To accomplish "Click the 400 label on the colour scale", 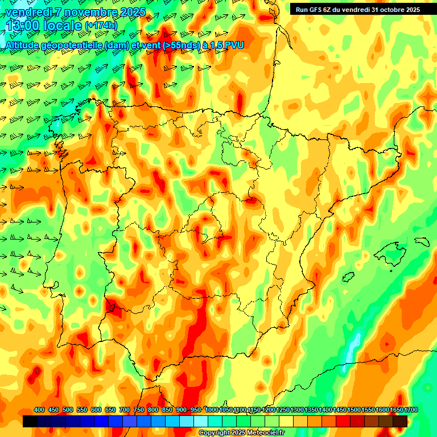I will point(39,410).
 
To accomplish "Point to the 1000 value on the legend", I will point(212,410).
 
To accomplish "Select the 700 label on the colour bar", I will point(125,410).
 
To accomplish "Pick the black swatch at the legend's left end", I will point(30,421).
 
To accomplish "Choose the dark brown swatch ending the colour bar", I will point(400,421).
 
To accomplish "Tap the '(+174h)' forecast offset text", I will point(101,26).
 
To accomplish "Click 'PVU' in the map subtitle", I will point(234,44).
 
